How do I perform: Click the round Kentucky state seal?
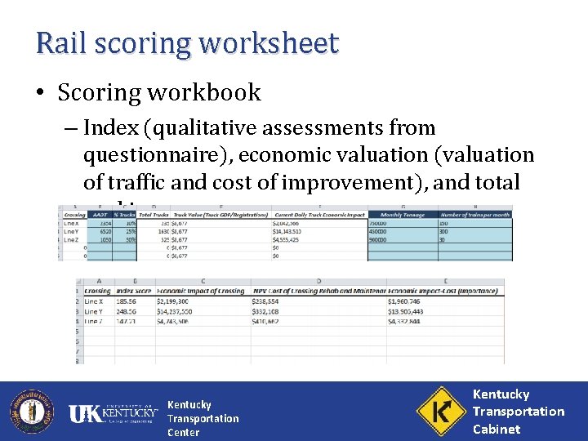(x=31, y=412)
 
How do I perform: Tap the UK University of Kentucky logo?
(x=114, y=413)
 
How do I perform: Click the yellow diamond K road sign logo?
(x=440, y=412)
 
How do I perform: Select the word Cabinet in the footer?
(x=497, y=429)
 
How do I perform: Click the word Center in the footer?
(x=183, y=432)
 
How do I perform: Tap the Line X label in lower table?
(x=94, y=301)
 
